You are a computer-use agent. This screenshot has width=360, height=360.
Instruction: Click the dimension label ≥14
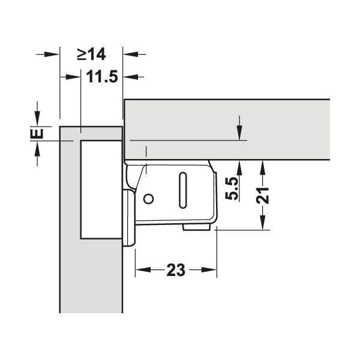[x=91, y=55]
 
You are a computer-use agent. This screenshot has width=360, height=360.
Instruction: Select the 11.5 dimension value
[x=102, y=76]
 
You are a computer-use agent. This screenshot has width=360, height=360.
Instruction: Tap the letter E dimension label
[x=37, y=134]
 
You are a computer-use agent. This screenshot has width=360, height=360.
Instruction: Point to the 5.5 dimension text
[x=232, y=188]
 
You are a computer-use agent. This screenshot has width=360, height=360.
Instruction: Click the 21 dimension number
[x=263, y=196]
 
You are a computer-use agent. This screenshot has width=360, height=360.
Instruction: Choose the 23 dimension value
[x=176, y=270]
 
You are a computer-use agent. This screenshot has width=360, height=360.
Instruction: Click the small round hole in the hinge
[x=149, y=199]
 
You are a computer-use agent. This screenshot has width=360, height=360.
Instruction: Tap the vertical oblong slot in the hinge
[x=183, y=190]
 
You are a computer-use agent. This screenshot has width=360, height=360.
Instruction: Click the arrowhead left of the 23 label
[x=143, y=269]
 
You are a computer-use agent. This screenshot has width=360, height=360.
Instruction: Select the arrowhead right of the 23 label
[x=209, y=269]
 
